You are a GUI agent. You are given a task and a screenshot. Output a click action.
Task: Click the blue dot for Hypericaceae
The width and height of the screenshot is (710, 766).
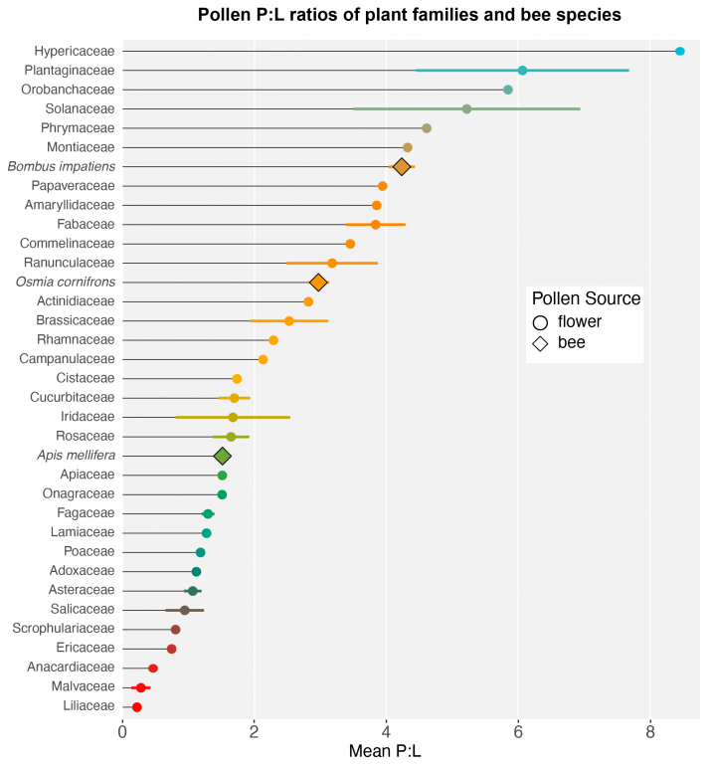coord(680,51)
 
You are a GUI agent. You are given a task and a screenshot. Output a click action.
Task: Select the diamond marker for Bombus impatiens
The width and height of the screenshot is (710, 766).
coord(402,166)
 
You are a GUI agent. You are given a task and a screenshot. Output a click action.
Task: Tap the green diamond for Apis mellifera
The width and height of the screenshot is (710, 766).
coord(223,456)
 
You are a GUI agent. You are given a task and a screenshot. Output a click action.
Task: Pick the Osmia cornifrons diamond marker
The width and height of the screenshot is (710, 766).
coord(318,283)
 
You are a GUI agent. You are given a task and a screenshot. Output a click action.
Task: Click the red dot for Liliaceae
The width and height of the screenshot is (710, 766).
coord(137,706)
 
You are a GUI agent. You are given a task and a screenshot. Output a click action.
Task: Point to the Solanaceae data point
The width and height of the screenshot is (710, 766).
coord(466,108)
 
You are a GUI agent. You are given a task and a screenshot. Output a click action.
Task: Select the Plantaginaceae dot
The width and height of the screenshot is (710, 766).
coord(522,71)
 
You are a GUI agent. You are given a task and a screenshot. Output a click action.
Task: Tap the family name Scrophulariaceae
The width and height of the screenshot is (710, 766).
coord(63,629)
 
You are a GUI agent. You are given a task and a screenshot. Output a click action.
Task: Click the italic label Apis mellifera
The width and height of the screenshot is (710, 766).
coord(75,456)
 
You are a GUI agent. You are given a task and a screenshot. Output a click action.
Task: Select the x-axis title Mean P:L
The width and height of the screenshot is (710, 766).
coord(385,753)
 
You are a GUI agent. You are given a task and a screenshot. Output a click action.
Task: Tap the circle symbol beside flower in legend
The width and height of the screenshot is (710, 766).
coord(541,322)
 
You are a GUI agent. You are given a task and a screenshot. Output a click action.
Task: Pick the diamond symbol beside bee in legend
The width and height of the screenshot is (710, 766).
coord(541,343)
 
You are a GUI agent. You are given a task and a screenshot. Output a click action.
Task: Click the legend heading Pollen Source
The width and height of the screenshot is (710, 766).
coord(586,299)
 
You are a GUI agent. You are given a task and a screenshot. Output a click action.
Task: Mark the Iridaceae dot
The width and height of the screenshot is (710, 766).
coord(233,417)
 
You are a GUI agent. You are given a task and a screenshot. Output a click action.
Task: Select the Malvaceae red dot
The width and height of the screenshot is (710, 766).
coord(141,687)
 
